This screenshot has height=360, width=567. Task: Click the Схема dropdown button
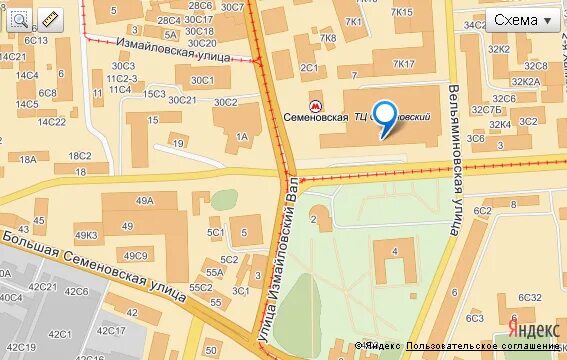tap(524, 20)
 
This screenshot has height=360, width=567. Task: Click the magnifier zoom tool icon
tap(18, 18)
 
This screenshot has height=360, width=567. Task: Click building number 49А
tap(145, 200)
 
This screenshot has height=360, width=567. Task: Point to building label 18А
tap(27, 159)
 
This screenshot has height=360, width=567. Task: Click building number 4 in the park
tap(395, 249)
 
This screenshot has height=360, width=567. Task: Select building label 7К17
tap(403, 64)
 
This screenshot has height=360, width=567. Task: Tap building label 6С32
tap(530, 297)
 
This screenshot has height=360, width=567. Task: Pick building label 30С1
tap(202, 80)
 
